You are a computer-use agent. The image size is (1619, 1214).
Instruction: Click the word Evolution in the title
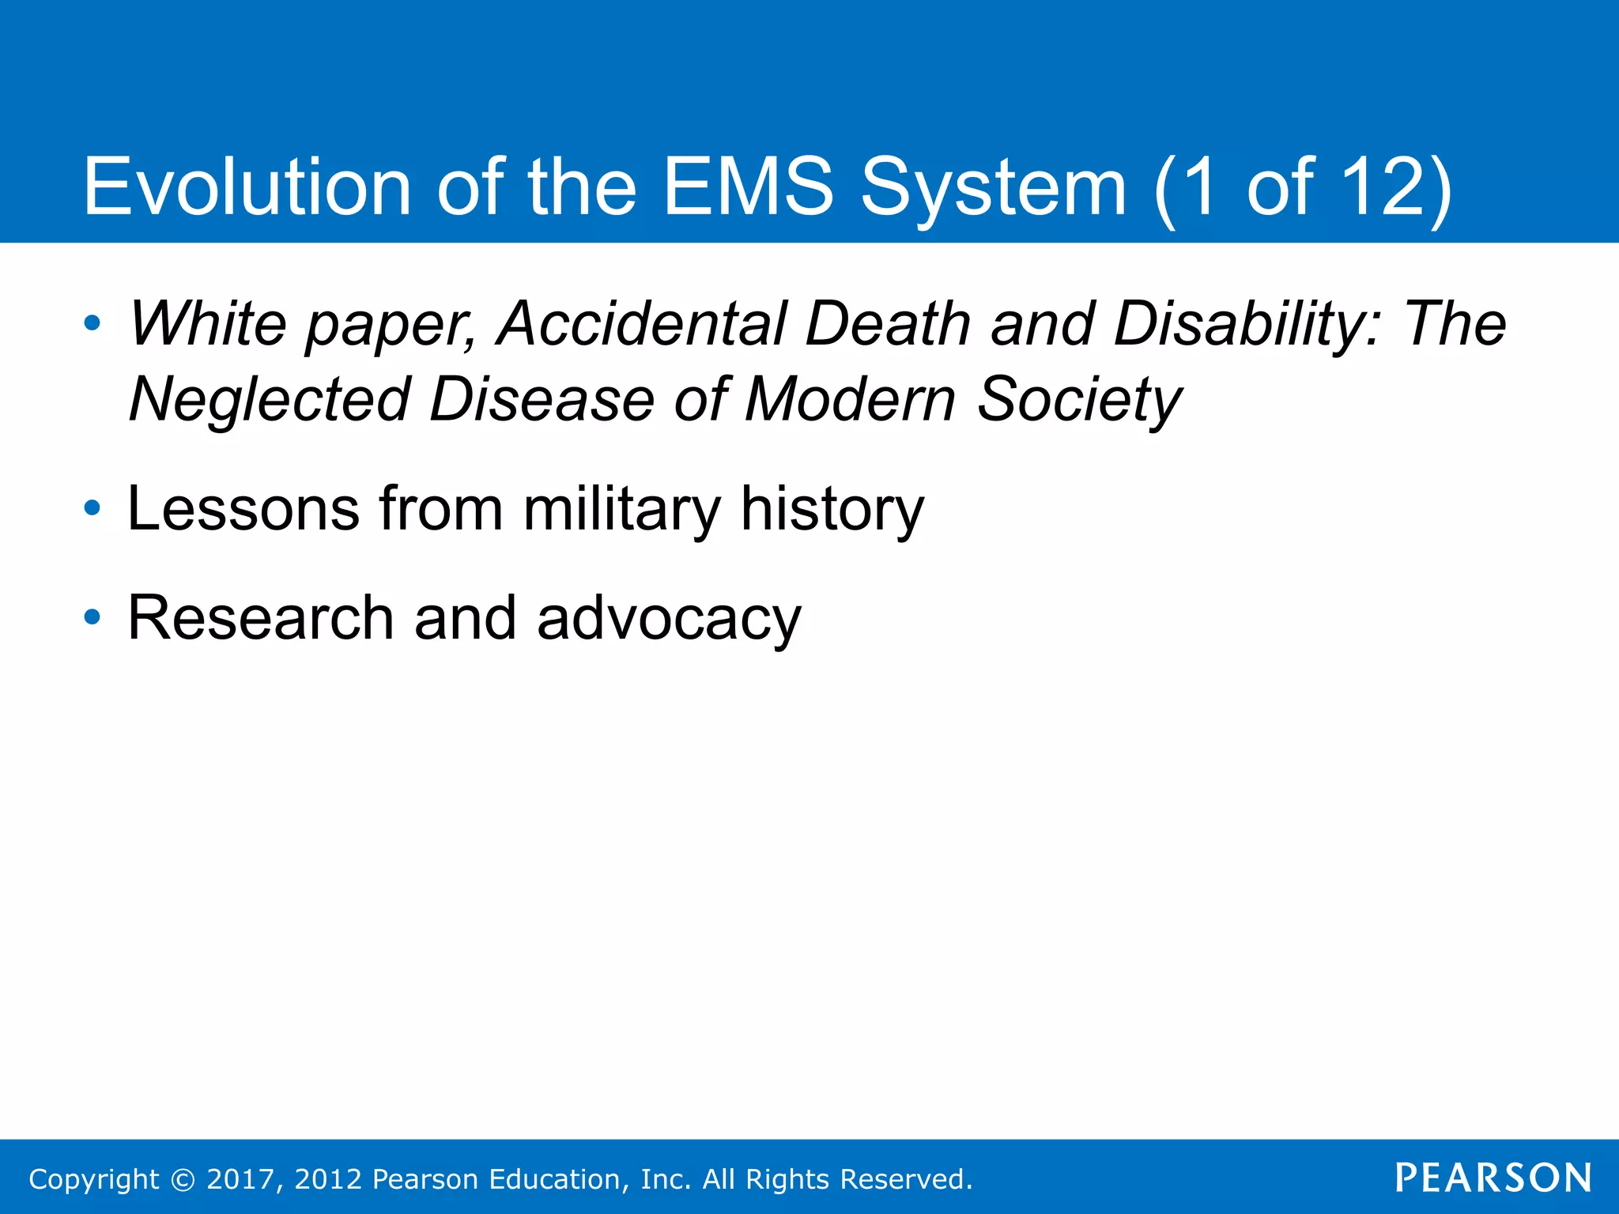click(x=247, y=187)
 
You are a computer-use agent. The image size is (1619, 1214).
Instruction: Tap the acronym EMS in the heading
click(x=748, y=187)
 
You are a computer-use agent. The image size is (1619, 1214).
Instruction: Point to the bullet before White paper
click(x=92, y=323)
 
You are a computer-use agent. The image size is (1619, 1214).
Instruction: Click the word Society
click(x=1079, y=400)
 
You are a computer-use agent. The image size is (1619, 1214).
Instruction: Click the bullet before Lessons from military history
click(x=92, y=508)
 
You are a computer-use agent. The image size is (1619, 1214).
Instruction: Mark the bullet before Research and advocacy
click(x=92, y=617)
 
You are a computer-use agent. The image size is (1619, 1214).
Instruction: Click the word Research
click(x=261, y=618)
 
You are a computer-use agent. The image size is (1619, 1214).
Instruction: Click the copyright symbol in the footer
click(x=183, y=1179)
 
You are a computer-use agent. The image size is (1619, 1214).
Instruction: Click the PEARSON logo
click(x=1493, y=1178)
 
